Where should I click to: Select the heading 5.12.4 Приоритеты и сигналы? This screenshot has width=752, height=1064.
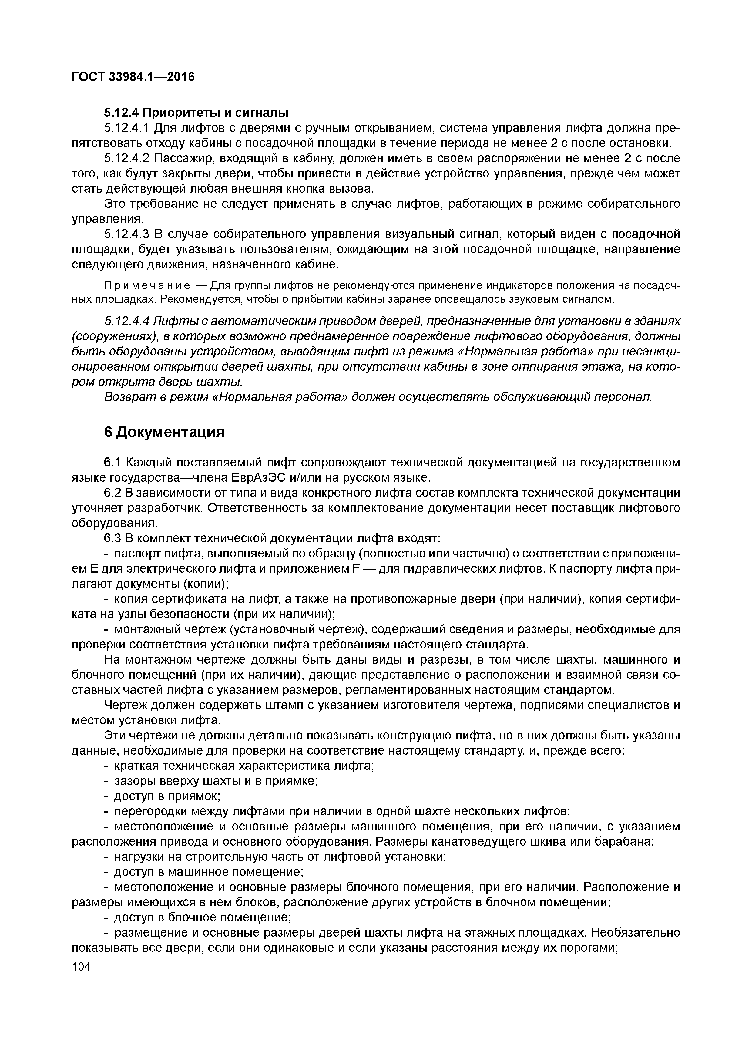pos(196,113)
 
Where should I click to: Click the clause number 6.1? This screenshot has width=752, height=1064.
pos(112,463)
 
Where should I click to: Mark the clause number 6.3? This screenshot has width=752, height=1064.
pos(112,538)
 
